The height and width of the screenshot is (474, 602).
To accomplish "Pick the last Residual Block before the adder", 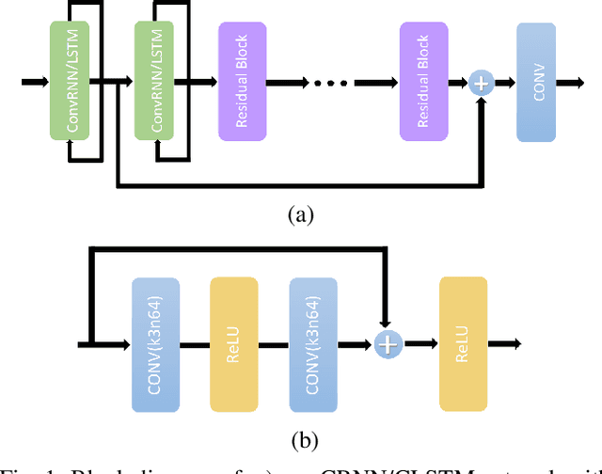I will (x=423, y=83).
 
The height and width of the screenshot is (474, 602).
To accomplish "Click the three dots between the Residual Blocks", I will (x=331, y=83).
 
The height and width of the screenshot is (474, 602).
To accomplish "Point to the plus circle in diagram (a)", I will (x=482, y=83).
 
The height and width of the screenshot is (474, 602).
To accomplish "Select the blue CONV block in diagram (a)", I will (x=536, y=83).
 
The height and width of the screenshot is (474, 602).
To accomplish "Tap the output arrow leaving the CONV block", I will (x=570, y=83).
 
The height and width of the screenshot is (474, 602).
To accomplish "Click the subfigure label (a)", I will (x=300, y=215).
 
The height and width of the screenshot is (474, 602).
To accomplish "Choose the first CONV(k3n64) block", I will (x=155, y=344).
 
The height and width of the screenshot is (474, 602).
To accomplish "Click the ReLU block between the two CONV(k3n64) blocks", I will (x=233, y=344).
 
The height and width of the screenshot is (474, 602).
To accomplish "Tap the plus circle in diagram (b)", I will (x=388, y=344).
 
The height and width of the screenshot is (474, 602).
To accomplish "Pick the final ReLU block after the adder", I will (x=463, y=344).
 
